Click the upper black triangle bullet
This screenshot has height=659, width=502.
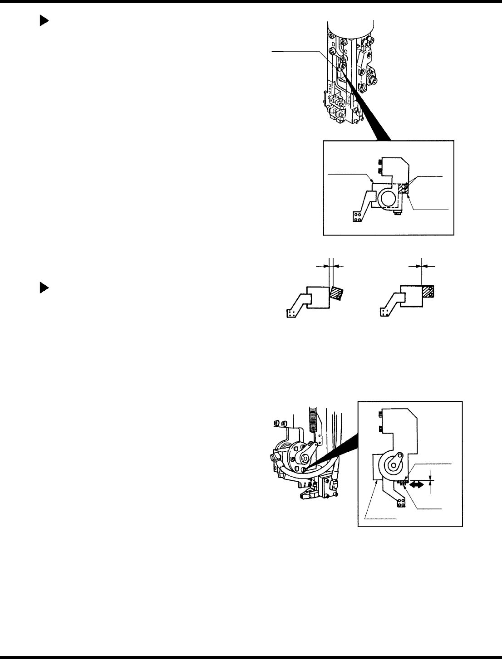44,21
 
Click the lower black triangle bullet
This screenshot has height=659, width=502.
44,288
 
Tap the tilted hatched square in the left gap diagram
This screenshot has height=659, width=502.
337,292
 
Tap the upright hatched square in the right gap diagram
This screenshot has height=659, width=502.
428,292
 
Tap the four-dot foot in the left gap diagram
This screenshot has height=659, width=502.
292,312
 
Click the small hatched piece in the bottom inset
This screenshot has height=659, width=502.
402,483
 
